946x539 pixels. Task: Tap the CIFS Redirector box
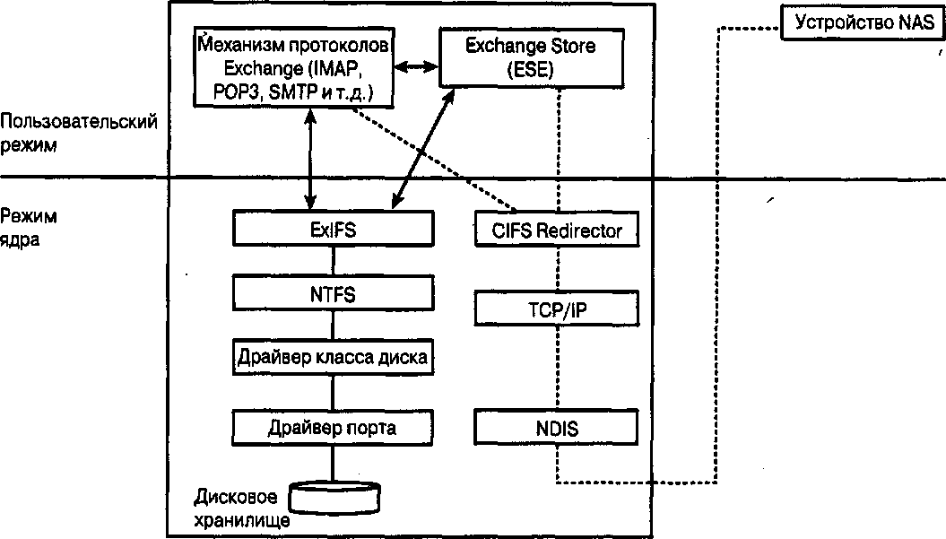point(556,230)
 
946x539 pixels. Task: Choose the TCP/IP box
point(556,309)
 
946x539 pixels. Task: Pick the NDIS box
point(556,428)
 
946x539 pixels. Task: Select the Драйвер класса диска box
point(332,357)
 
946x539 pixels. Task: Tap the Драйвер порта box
point(332,427)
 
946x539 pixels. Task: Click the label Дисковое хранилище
point(242,507)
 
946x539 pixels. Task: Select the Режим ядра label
point(29,228)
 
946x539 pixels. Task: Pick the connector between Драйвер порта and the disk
point(333,461)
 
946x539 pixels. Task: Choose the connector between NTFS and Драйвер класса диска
point(333,325)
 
